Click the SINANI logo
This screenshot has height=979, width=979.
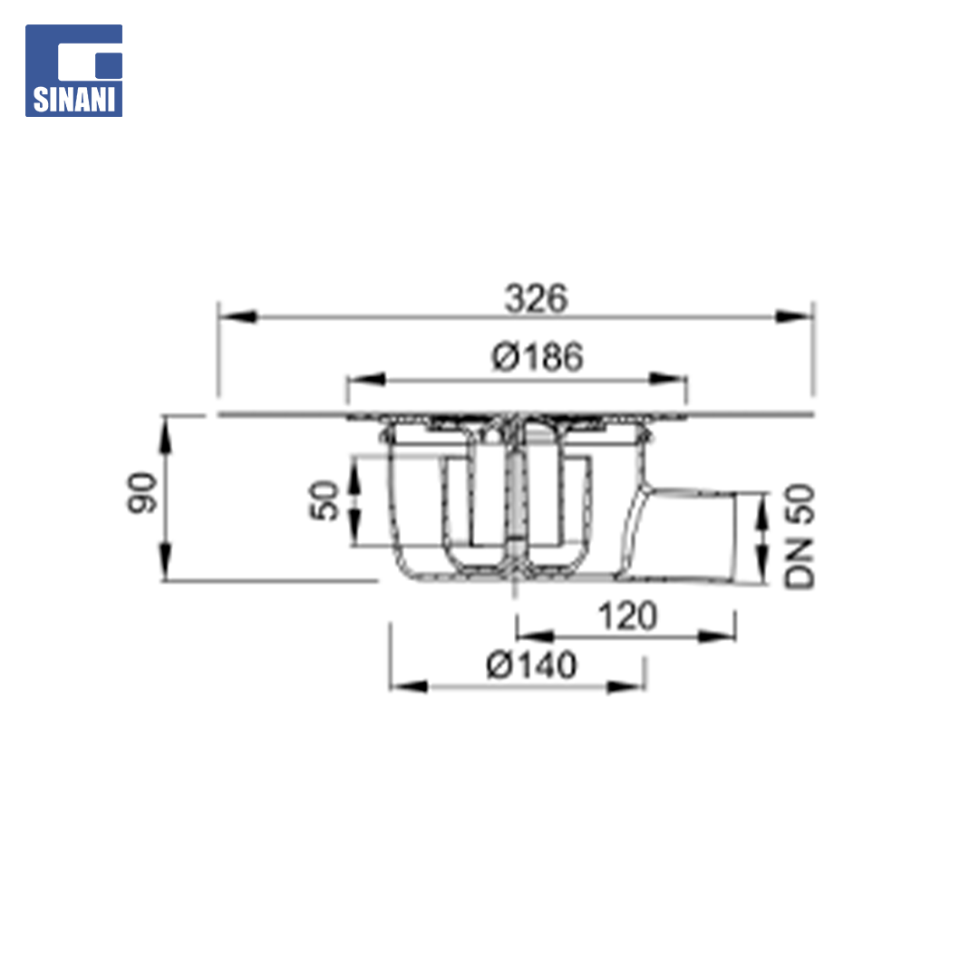[73, 71]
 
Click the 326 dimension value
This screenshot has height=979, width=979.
[537, 298]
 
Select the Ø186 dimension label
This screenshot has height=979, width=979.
[538, 356]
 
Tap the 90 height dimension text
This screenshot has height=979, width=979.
[142, 493]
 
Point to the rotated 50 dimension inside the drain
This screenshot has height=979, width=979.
[324, 500]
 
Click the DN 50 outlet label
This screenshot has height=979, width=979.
[800, 537]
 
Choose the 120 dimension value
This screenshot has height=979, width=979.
[627, 616]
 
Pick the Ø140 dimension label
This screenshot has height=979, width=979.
[531, 665]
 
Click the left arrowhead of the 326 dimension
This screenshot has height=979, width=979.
[237, 316]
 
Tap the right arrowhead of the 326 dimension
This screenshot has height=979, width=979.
[793, 316]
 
